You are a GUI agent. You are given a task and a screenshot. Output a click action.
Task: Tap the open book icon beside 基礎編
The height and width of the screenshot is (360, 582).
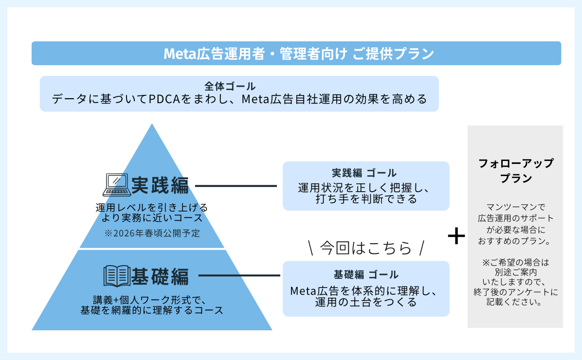coord(116,276)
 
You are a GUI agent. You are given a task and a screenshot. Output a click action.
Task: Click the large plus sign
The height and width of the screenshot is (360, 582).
coord(456,237)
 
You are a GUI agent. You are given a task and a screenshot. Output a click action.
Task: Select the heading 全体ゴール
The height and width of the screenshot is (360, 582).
coord(230,87)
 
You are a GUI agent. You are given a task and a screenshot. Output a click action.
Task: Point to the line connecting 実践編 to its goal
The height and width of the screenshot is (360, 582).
coord(236,185)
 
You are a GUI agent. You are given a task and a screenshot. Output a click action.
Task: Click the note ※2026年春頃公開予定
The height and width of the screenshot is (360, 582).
coord(152,233)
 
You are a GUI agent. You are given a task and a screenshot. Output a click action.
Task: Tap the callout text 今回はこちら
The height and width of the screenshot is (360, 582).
coord(366,248)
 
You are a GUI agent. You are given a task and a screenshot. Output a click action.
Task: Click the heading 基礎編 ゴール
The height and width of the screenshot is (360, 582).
coord(366,274)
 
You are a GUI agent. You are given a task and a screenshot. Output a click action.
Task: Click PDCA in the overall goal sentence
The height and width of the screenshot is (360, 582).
coord(164,100)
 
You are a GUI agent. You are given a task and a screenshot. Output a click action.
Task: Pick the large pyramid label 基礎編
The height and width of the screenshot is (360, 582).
coord(160,276)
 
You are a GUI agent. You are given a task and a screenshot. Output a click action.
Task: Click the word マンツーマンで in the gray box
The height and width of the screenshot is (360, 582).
coord(516,207)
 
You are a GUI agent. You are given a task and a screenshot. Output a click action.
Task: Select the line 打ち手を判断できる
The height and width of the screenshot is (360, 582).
coord(366,199)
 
